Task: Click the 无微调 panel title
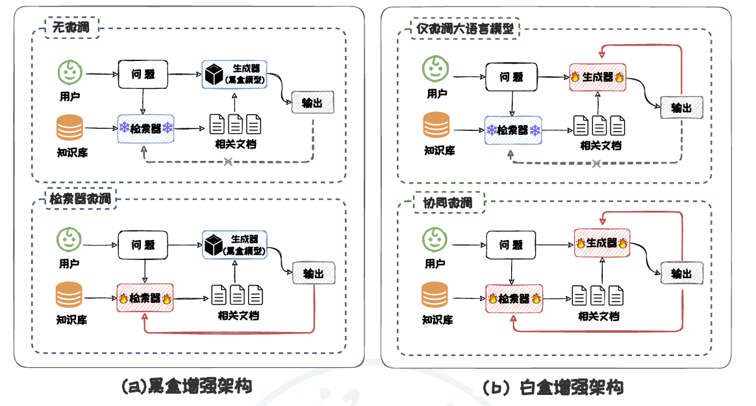click(x=71, y=28)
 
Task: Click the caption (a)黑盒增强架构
click(x=186, y=387)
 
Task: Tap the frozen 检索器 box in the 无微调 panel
click(x=146, y=128)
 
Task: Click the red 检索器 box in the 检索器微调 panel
click(x=144, y=298)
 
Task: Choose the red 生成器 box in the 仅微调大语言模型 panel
click(x=597, y=77)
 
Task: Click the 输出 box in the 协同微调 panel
click(x=681, y=273)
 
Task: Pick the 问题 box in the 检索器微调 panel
click(x=143, y=245)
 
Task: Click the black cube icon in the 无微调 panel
click(x=213, y=74)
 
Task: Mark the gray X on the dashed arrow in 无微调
click(x=228, y=161)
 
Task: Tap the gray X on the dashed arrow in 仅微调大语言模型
click(x=596, y=163)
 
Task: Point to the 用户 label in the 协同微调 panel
click(x=435, y=264)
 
